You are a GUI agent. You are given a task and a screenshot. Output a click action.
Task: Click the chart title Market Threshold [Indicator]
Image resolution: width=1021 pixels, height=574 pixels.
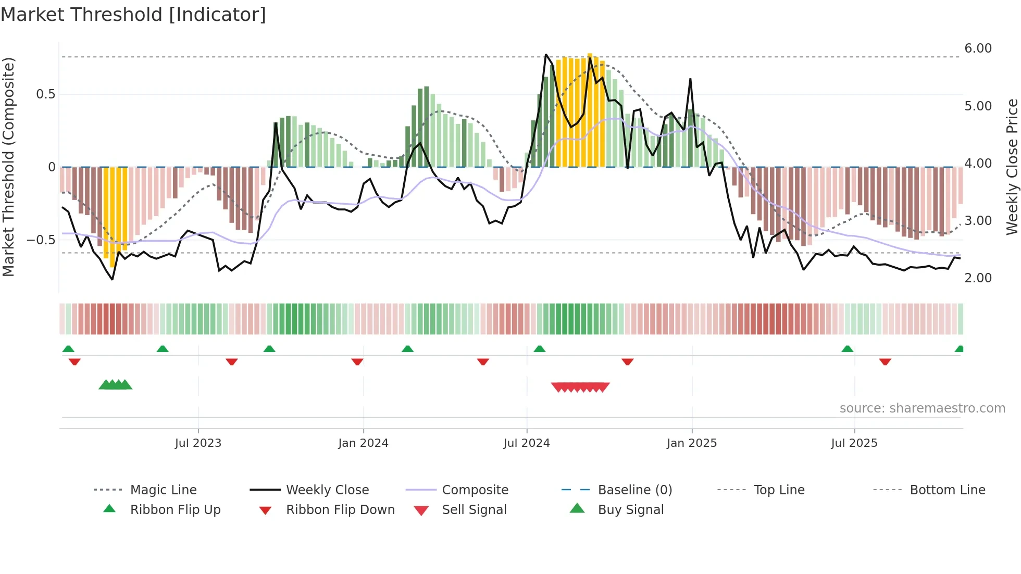coord(133,15)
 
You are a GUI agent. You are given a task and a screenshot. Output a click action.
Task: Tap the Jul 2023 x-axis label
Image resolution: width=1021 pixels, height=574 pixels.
coord(198,443)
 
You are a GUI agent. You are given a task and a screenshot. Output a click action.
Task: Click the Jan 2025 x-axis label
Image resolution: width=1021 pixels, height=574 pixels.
coord(691,443)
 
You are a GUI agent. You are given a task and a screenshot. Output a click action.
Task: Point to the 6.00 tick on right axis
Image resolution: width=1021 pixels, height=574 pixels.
coord(978,48)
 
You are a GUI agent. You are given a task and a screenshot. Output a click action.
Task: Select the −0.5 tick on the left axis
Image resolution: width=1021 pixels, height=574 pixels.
coord(41,240)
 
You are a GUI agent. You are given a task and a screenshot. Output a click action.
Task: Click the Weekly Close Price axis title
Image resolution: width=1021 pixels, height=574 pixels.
coord(1012,167)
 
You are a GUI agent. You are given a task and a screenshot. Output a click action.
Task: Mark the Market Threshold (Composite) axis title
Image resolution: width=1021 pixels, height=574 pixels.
coord(8,167)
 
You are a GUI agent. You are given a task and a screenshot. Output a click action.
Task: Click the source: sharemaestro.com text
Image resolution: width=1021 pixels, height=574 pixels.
coord(922,408)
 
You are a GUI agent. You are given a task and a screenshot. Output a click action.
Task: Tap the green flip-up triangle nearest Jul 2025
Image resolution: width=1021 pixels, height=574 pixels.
coord(847,349)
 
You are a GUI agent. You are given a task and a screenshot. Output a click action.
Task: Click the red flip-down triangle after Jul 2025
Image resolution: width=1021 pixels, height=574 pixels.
coord(885,361)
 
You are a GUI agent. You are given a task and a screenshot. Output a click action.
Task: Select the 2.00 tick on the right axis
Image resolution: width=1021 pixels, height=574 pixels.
coord(978,278)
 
